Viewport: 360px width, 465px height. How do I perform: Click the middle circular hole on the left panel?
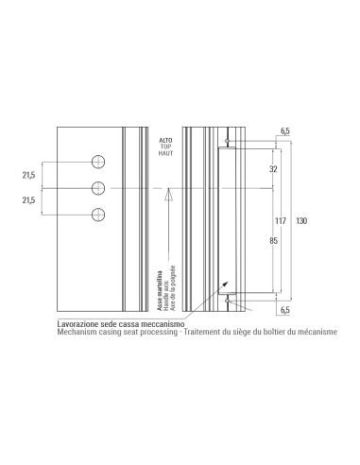99,188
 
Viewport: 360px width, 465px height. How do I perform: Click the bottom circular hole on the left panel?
99,215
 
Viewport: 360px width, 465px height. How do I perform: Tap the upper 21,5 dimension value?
28,175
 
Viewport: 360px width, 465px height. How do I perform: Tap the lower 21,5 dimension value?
28,200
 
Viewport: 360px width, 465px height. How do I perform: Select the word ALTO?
165,139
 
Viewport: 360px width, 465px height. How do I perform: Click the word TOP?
165,146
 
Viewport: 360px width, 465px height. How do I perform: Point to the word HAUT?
165,154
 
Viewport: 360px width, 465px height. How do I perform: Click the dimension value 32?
274,169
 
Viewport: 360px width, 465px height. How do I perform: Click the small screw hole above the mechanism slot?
227,142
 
